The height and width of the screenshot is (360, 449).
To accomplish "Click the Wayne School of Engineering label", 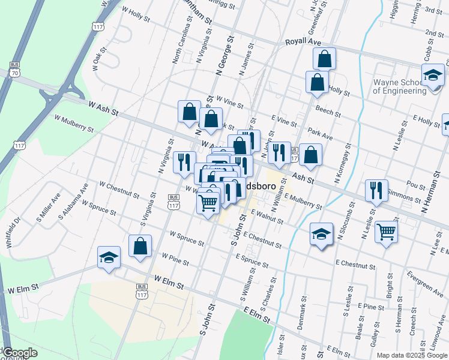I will (x=400, y=87).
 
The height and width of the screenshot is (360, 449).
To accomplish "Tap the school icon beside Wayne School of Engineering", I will (x=432, y=76).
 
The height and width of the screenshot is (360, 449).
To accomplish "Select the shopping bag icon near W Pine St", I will (x=140, y=246).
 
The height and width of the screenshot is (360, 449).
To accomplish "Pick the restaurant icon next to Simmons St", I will (x=376, y=190).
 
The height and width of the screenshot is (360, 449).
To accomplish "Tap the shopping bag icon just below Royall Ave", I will (x=324, y=59).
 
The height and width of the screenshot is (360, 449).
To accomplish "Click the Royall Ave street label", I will (x=303, y=42).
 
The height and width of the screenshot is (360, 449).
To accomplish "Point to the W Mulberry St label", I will (x=74, y=124).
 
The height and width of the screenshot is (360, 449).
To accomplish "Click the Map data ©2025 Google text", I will (x=412, y=355).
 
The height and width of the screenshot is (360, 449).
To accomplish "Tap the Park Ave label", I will (x=320, y=133).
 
